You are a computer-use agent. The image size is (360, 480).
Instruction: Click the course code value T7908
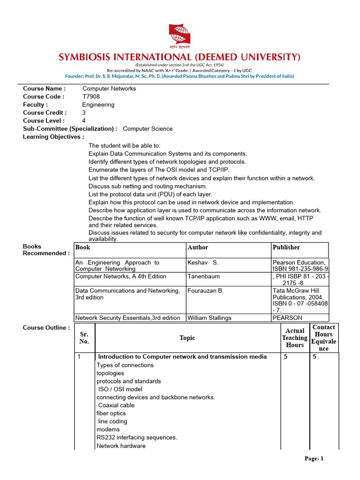[91, 97]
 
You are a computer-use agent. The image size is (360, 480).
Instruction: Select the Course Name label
[45, 89]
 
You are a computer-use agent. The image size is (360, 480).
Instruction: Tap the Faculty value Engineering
[98, 105]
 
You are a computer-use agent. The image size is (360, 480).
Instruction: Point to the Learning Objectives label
[53, 137]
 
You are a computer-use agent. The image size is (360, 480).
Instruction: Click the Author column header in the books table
[198, 247]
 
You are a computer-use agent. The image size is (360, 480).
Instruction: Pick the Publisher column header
[286, 247]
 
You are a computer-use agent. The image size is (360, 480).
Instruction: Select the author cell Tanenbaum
[203, 277]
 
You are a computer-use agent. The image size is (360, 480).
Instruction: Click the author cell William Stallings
[210, 318]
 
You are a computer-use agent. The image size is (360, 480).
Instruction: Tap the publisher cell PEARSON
[287, 318]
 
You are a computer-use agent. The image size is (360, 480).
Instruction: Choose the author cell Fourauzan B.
[205, 291]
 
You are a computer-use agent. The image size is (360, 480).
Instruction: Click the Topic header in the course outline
[187, 338]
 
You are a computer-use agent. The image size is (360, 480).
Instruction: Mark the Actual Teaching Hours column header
[295, 338]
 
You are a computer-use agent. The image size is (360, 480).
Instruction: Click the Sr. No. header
[84, 338]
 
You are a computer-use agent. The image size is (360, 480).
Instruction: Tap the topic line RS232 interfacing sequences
[137, 437]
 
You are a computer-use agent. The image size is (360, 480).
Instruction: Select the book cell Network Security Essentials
[127, 318]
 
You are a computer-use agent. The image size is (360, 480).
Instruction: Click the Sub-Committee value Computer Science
[148, 128]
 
